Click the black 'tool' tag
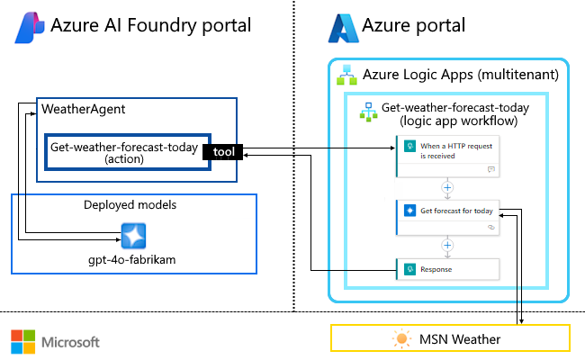pyautogui.click(x=224, y=152)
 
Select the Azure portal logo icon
pyautogui.click(x=342, y=28)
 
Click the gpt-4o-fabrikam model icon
pyautogui.click(x=134, y=237)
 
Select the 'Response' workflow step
pyautogui.click(x=447, y=268)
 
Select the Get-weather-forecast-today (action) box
pyautogui.click(x=124, y=152)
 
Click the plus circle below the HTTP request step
pyautogui.click(x=447, y=187)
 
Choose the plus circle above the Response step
pyautogui.click(x=447, y=244)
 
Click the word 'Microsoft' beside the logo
pyautogui.click(x=67, y=342)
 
